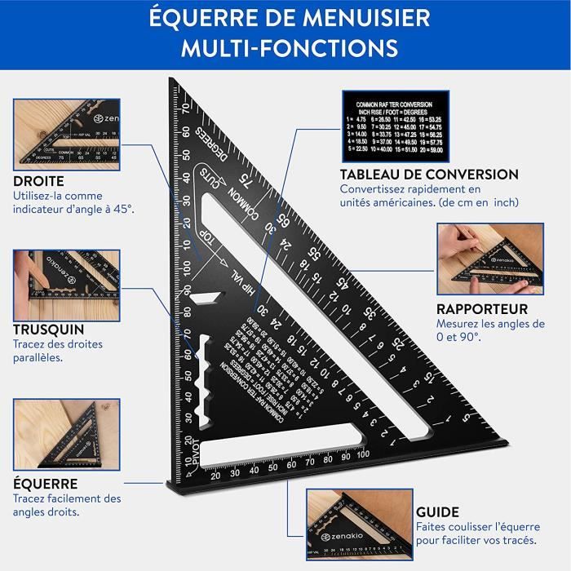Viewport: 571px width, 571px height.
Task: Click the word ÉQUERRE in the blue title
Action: pos(203,18)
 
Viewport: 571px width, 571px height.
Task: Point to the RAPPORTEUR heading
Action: pos(481,309)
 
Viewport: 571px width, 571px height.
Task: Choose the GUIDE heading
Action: pos(436,511)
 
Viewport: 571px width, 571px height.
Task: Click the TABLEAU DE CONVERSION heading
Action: pos(429,175)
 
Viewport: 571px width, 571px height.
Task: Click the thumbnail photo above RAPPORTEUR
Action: pos(489,259)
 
